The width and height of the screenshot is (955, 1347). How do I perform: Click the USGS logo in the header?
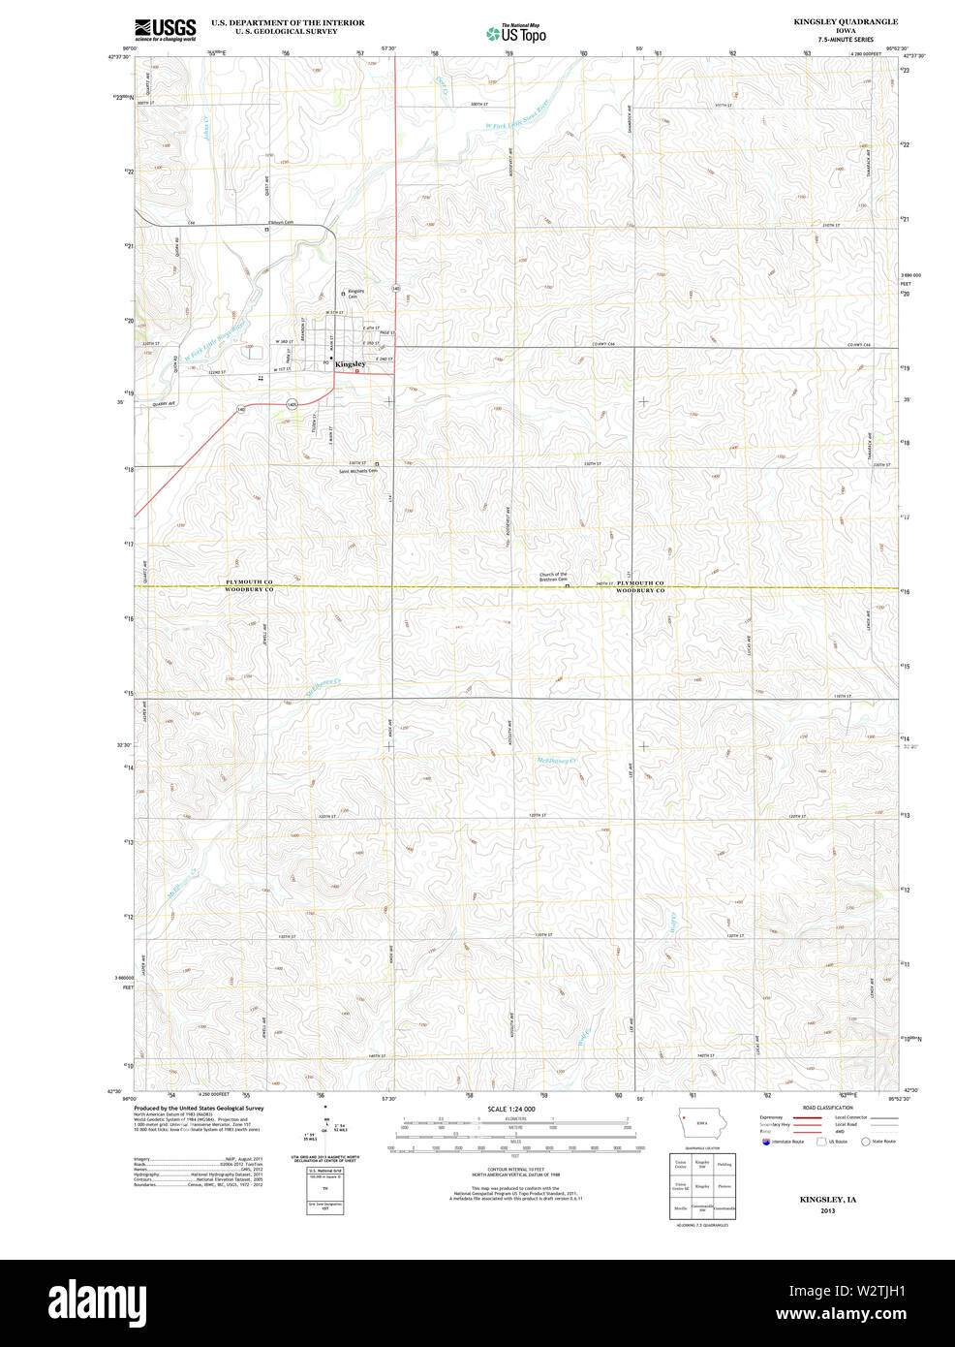tap(165, 29)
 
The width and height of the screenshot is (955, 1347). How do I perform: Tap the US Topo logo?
tap(516, 33)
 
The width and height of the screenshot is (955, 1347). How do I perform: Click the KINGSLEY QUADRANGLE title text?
tap(845, 21)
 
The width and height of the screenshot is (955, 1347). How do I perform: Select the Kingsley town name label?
tap(350, 363)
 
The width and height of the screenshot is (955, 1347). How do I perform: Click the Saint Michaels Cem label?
tap(357, 471)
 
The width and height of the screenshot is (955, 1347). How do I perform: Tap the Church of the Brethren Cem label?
tap(553, 577)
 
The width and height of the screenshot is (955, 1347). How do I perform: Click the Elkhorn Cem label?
tap(280, 222)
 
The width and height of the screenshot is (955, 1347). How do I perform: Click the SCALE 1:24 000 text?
tap(510, 1109)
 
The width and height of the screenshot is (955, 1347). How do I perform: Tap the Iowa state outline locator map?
tap(702, 1124)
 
